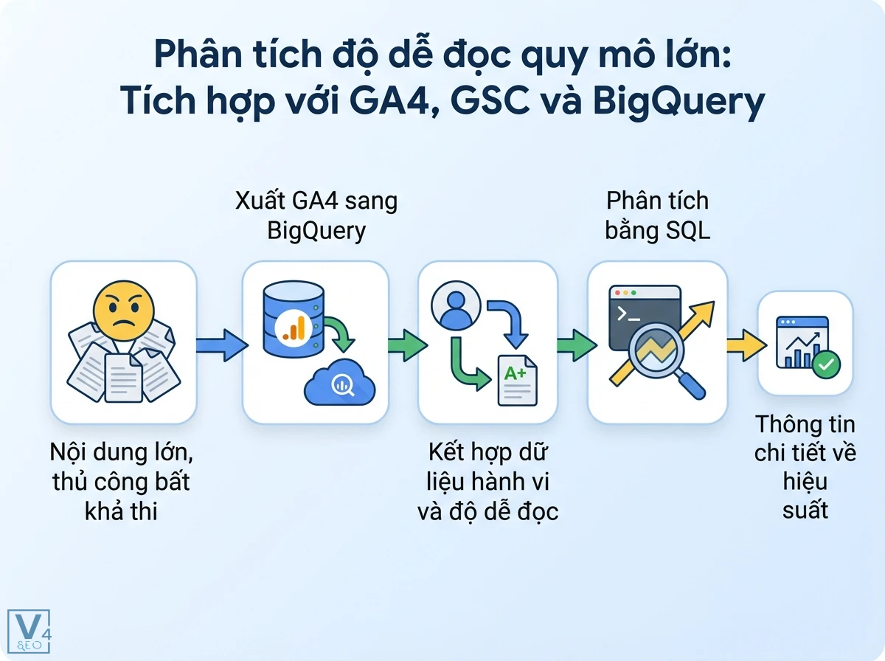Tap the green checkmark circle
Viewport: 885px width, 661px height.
pyautogui.click(x=825, y=364)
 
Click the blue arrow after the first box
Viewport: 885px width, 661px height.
pyautogui.click(x=220, y=344)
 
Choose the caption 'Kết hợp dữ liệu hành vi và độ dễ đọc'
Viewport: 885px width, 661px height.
pyautogui.click(x=487, y=481)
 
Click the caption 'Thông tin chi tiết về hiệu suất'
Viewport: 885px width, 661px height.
pyautogui.click(x=805, y=467)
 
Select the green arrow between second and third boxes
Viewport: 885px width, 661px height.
pyautogui.click(x=406, y=344)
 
